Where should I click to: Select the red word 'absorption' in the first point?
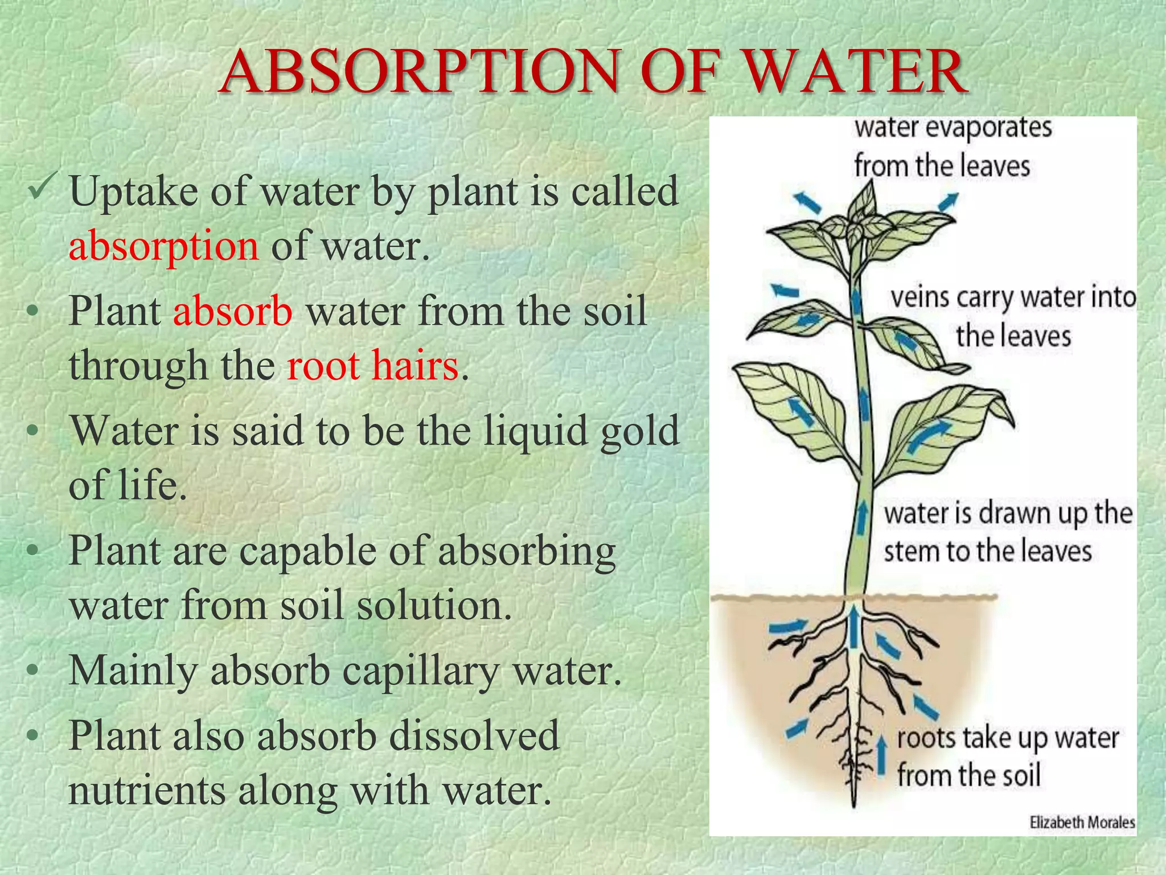pos(163,246)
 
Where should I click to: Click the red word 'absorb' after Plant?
pos(233,311)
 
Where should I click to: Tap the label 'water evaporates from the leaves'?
pos(952,147)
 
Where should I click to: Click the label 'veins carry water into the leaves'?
pos(1013,317)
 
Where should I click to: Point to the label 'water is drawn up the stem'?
pos(1007,532)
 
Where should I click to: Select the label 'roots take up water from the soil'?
pos(1007,757)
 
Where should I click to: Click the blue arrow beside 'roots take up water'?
pos(881,754)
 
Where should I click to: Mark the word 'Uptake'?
pos(133,191)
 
